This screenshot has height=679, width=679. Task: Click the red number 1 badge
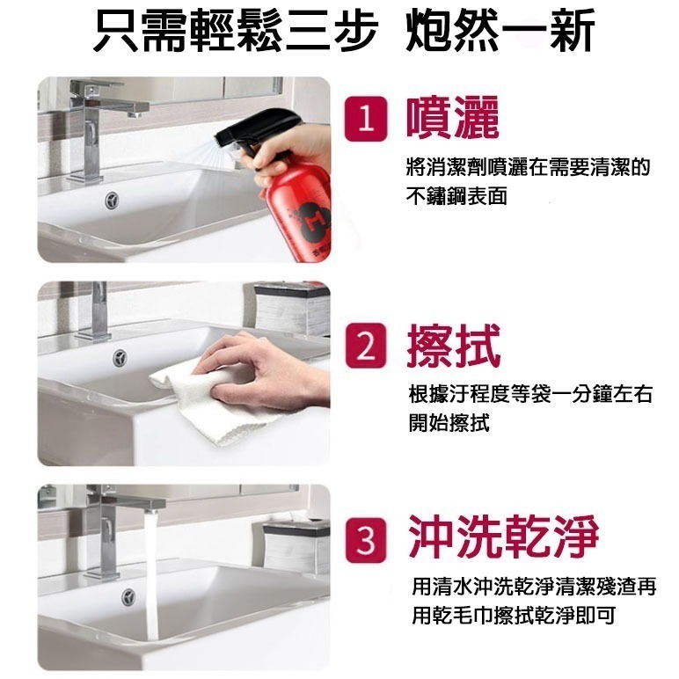(x=366, y=119)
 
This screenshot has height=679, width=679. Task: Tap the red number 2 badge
(x=366, y=346)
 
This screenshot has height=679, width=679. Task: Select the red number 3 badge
(x=366, y=539)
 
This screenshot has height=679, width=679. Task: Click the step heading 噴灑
(x=453, y=118)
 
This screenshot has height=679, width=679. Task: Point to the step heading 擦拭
(x=453, y=346)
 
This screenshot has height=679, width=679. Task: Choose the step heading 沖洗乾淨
(x=504, y=537)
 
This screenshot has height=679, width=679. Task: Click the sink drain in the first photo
(x=113, y=201)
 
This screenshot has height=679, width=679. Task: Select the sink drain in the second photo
(x=120, y=358)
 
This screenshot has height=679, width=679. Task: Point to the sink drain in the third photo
(x=128, y=597)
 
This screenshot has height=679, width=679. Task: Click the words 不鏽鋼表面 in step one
(x=456, y=196)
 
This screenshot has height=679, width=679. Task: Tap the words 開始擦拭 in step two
(x=449, y=423)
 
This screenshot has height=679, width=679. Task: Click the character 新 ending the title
(x=571, y=30)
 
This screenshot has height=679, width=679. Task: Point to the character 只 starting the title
(x=116, y=30)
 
